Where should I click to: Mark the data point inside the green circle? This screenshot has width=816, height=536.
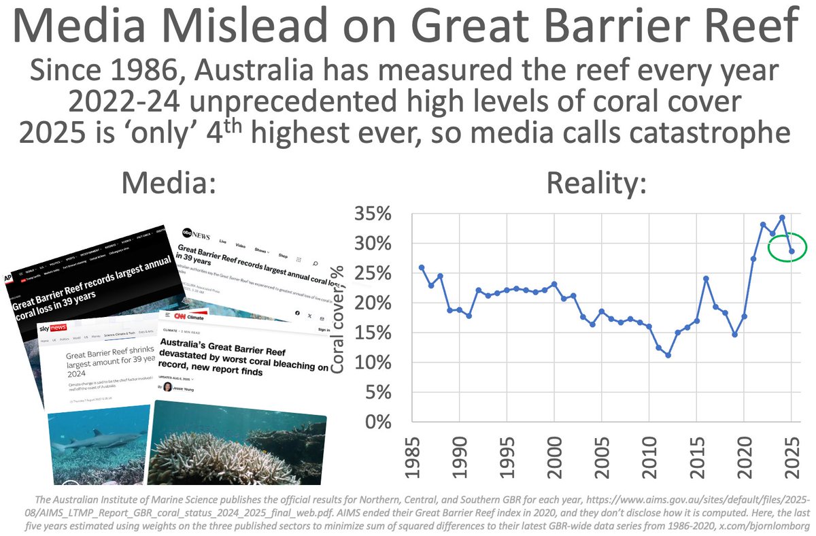click(x=792, y=251)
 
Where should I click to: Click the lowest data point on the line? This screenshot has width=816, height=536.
click(x=668, y=355)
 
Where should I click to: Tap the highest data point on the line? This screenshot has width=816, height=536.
click(x=782, y=218)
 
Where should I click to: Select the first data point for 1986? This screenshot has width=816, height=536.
click(x=422, y=267)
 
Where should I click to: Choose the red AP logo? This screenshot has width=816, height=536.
click(x=8, y=279)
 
